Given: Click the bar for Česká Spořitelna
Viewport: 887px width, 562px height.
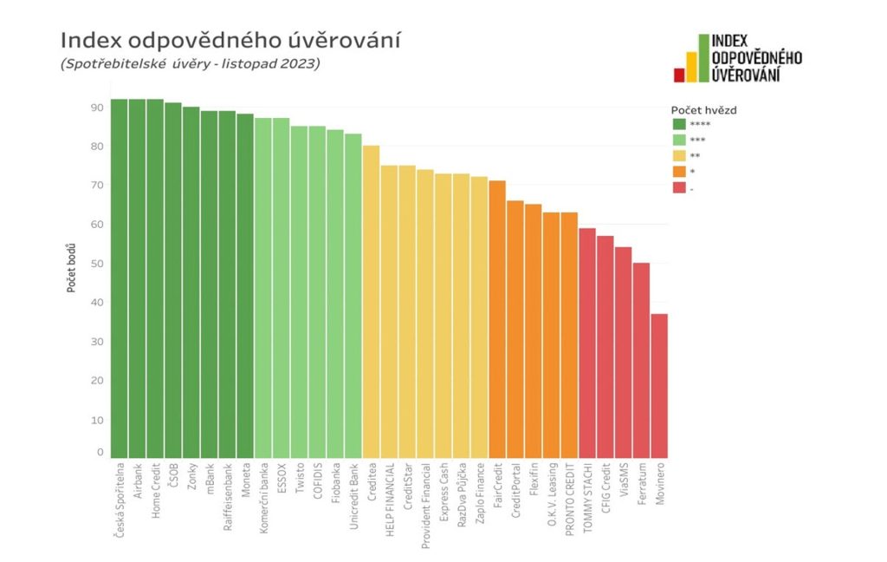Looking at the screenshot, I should click(x=119, y=278).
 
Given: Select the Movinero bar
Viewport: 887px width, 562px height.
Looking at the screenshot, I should click(x=659, y=386).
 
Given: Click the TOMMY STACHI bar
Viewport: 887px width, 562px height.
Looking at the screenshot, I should click(x=587, y=343).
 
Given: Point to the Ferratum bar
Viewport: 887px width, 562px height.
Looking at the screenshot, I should click(x=641, y=360).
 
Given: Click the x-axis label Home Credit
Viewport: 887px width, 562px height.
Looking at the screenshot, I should click(x=156, y=493).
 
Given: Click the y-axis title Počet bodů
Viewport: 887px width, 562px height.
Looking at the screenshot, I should click(x=73, y=268).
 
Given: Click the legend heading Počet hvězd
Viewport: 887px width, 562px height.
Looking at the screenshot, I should click(x=703, y=110).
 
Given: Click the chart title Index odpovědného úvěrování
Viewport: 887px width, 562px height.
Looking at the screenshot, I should click(x=230, y=40).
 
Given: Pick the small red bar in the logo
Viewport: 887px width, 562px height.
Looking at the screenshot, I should click(x=679, y=75).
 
